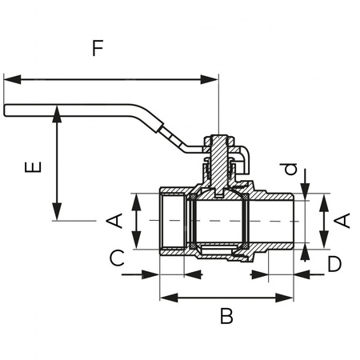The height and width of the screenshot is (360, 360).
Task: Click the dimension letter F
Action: coord(97,48)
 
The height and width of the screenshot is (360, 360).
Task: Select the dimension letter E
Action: coord(32,169)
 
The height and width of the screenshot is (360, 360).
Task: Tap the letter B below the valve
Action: coord(226,316)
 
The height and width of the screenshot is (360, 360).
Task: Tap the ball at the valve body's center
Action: coord(218,220)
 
